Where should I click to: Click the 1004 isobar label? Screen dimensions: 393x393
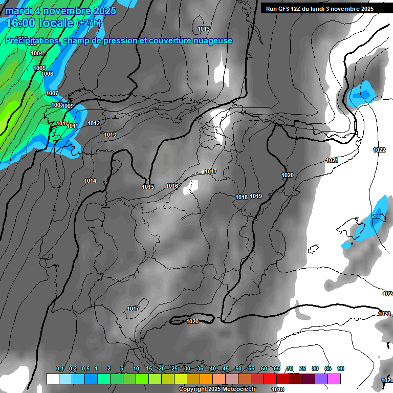tap(37, 53)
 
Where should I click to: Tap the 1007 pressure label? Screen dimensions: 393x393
tap(52, 93)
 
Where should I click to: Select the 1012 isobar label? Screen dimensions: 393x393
tap(94, 123)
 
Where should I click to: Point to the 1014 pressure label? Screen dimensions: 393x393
tap(90, 181)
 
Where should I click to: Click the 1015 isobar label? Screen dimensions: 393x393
tap(148, 187)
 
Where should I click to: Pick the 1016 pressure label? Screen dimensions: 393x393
tap(172, 186)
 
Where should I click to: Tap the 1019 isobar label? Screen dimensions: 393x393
tap(256, 196)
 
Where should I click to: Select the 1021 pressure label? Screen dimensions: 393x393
tap(332, 160)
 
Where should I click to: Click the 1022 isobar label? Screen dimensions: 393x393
tap(379, 150)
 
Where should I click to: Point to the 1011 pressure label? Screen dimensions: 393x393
tap(73, 126)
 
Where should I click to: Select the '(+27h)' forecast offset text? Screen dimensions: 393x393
tap(89, 23)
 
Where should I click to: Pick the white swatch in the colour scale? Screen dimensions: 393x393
tap(53, 379)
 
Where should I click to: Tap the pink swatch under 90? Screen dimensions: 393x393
tap(334, 379)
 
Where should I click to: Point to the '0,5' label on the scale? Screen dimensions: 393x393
tap(85, 369)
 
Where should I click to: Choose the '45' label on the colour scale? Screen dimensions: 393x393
tap(226, 369)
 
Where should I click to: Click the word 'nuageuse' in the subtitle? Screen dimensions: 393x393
tap(210, 40)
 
